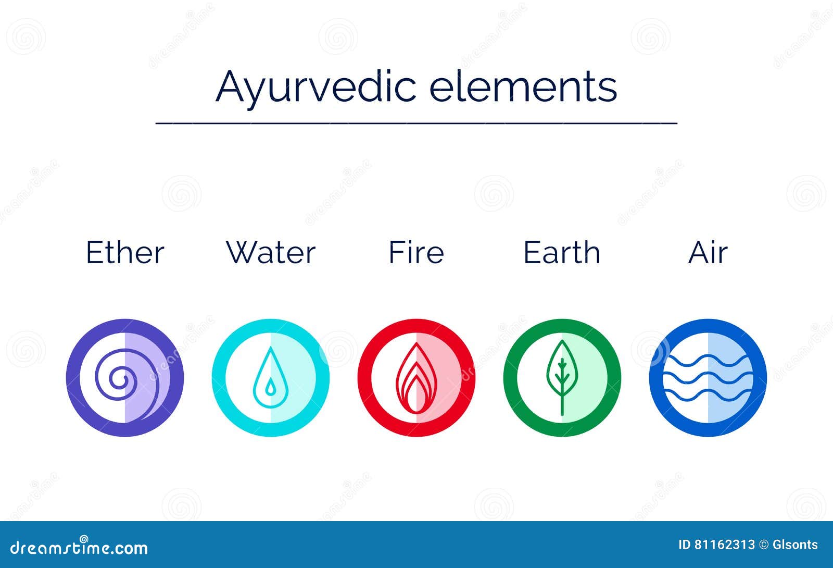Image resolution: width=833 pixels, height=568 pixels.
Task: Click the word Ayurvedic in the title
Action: coord(315,87)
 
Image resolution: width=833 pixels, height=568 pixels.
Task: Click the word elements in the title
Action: coord(523,87)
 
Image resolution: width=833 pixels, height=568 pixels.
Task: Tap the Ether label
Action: coord(125,253)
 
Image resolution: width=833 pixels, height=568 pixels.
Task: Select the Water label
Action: coord(271,253)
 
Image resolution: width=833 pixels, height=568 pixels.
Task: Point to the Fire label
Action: coord(416,253)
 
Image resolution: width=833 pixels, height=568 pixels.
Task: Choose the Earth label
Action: coord(562,253)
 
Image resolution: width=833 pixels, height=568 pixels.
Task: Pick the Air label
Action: coord(708,253)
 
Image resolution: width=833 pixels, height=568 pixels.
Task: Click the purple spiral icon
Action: coord(125,377)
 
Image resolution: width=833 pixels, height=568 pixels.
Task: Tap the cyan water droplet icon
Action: coord(271,377)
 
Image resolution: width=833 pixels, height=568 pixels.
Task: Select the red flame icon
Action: coord(416,377)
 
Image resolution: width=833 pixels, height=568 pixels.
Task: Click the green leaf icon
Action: coord(562,377)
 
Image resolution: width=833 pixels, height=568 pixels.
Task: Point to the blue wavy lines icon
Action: coord(708,377)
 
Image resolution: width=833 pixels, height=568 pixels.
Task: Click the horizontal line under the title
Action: coord(416,124)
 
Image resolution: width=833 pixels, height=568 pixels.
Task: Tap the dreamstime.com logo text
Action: coord(79,548)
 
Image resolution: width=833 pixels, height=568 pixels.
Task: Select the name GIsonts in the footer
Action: coord(795,545)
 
